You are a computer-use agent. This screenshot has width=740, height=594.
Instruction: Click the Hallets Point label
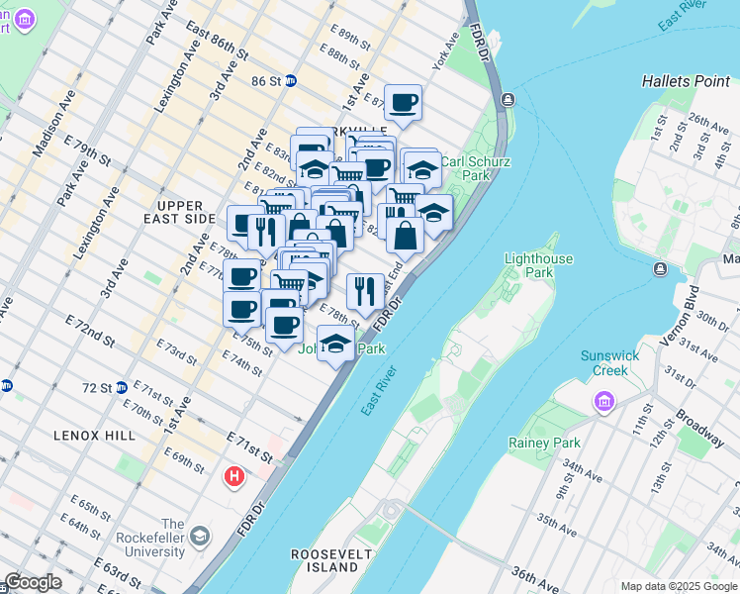[x=684, y=81]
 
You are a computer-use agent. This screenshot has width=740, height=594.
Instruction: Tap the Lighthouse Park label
[x=538, y=265]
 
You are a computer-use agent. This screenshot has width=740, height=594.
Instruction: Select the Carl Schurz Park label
[x=465, y=168]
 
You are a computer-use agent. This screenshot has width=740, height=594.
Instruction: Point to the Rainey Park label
[x=544, y=443]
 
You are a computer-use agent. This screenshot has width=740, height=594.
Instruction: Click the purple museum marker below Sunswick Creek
[x=602, y=402]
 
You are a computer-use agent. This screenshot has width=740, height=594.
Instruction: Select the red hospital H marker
[x=234, y=477]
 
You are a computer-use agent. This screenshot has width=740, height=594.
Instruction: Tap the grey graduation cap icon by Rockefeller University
[x=201, y=538]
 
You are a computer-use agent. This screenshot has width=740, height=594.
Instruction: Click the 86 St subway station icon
[x=291, y=81]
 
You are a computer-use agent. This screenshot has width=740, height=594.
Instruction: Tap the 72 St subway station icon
[x=121, y=387]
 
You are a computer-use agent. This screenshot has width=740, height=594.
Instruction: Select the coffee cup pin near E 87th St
[x=403, y=101]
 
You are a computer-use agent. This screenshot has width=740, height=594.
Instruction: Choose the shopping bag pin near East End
[x=405, y=236]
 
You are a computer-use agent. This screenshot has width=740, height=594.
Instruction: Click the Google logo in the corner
[x=34, y=583]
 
